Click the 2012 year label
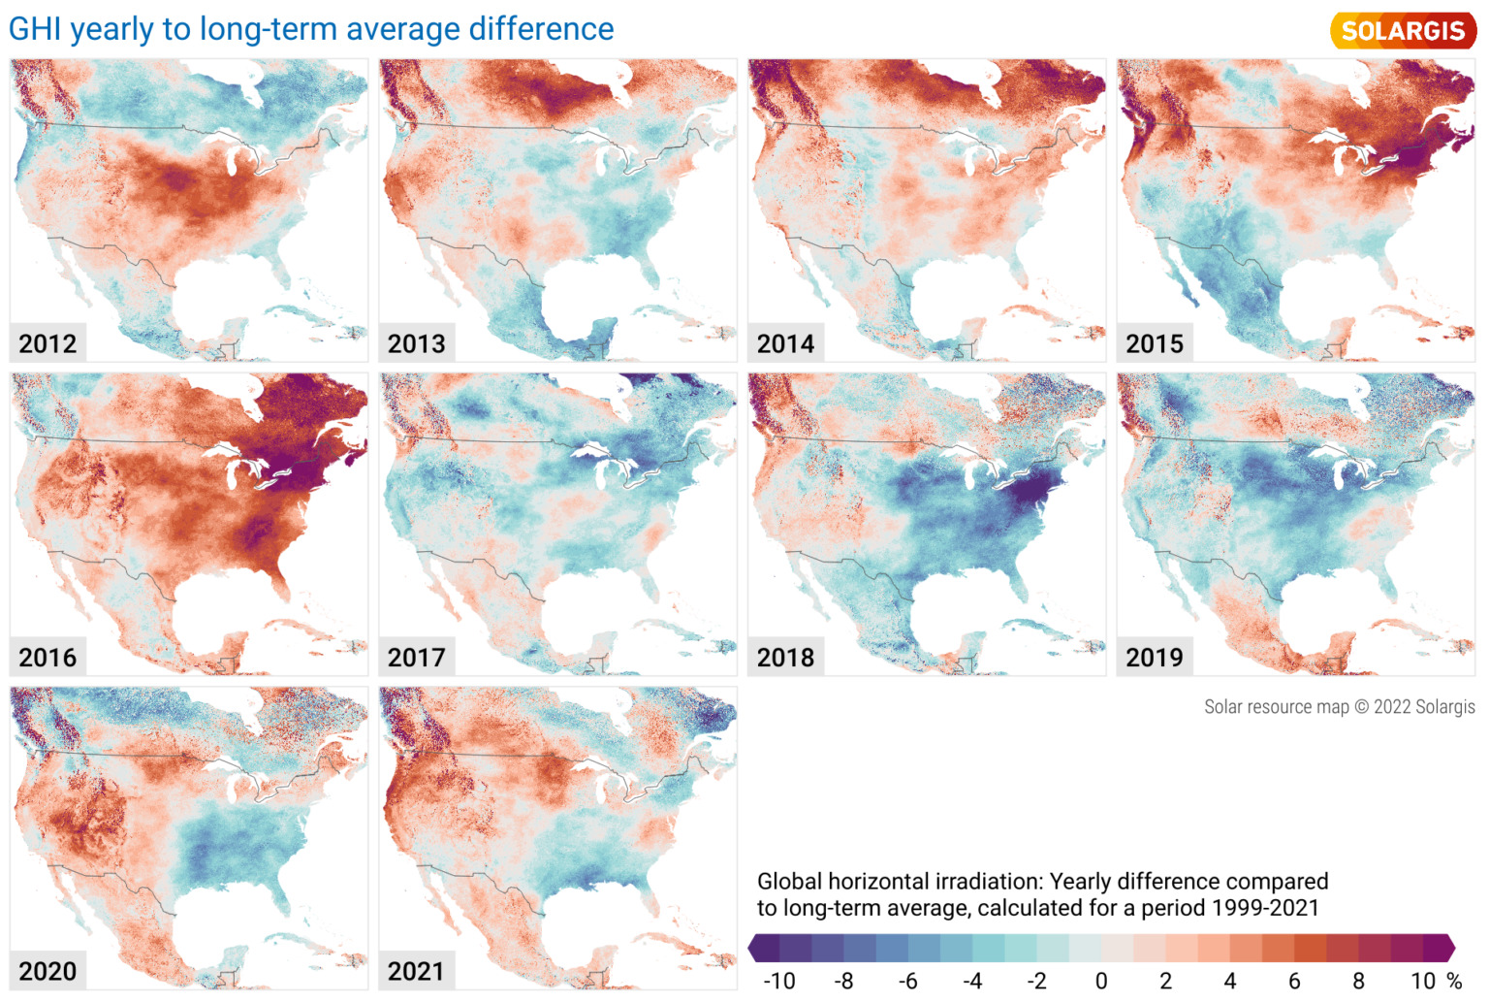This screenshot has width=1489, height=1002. coord(48,343)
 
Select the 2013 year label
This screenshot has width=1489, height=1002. coord(417,343)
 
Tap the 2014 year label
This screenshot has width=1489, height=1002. coord(785,343)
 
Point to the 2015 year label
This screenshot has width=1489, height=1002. coord(1155,343)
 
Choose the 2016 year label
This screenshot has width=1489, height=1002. coord(48,658)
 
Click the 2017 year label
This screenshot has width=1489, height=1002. coord(417,658)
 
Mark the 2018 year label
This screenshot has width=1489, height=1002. coord(785,658)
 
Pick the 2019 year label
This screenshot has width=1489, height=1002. coord(1155,658)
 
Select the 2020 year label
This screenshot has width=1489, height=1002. coord(48,971)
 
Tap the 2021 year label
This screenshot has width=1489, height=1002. coord(417,971)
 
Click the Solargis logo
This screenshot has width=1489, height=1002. coord(1403,30)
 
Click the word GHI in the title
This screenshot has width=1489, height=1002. coord(35,29)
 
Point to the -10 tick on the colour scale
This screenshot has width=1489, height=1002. coord(778,982)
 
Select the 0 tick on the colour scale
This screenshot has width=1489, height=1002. coord(1101,982)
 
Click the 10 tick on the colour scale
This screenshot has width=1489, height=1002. coord(1423,982)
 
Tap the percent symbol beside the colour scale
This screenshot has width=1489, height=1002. coord(1454,982)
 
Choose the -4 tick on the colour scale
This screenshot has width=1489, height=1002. coord(972,982)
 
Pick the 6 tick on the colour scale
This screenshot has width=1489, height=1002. coord(1294,982)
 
